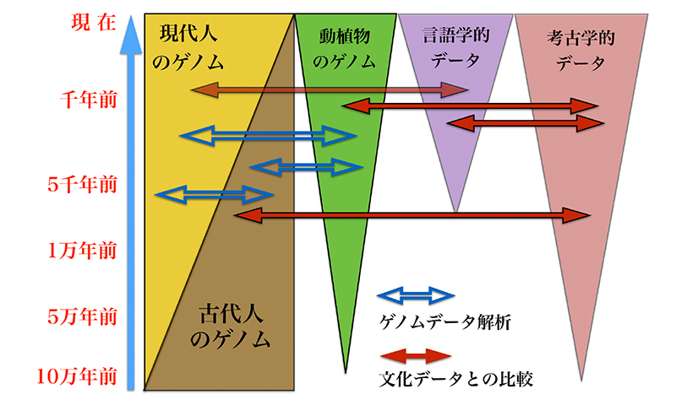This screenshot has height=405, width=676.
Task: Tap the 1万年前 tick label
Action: tap(81, 251)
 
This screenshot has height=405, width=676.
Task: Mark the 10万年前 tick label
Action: tap(79, 375)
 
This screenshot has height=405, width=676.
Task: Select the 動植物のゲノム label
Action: tap(342, 48)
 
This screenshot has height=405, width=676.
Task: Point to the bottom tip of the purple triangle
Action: tap(455, 211)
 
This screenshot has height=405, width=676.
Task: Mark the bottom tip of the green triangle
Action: tap(346, 371)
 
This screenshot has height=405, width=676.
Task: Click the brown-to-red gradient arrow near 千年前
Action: tap(330, 89)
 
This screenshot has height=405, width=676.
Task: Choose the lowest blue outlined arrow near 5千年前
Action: tap(215, 195)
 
